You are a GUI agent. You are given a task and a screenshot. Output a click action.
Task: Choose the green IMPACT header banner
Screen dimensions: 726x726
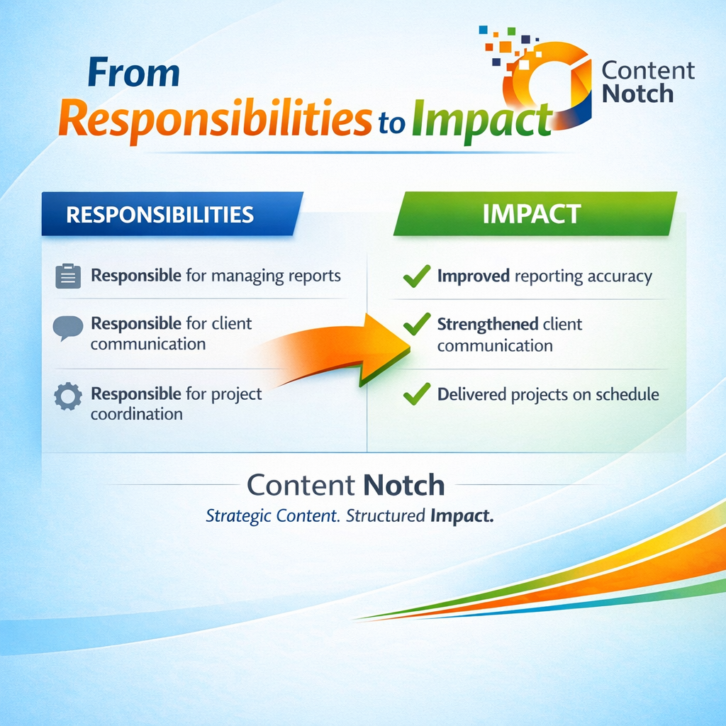point(532,213)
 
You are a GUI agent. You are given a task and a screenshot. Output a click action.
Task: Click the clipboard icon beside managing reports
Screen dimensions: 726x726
point(67,276)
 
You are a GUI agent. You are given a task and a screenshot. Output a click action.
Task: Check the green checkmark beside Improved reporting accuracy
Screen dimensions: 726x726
point(416,276)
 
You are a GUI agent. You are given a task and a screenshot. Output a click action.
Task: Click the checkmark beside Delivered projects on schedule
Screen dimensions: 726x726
point(416,393)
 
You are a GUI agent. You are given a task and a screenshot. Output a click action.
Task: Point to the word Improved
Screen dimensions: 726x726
point(474,276)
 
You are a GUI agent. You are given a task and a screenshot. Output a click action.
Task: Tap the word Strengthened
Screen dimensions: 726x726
point(488,325)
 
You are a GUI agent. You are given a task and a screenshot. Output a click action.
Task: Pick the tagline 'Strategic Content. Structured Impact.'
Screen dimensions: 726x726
point(349,516)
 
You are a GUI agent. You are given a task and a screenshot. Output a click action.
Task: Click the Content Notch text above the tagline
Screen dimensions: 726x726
point(345,486)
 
